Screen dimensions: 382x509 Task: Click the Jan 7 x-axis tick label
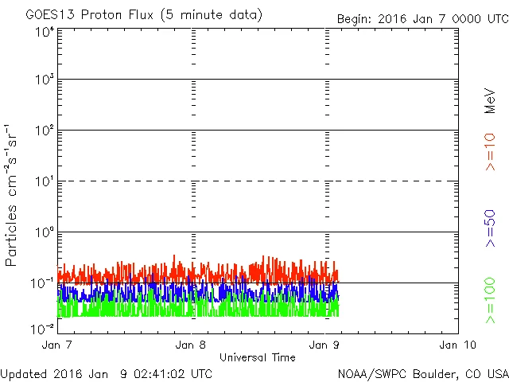click(58, 345)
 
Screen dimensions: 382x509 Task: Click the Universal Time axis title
click(258, 357)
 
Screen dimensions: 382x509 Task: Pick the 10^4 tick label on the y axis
click(44, 32)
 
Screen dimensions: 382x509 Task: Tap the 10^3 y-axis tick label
click(44, 80)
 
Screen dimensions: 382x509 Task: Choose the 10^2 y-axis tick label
click(44, 131)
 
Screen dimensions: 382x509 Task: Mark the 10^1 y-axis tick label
click(44, 182)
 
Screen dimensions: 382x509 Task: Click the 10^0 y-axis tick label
click(44, 233)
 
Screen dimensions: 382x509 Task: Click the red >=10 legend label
click(490, 152)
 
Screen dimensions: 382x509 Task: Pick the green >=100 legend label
click(490, 300)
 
